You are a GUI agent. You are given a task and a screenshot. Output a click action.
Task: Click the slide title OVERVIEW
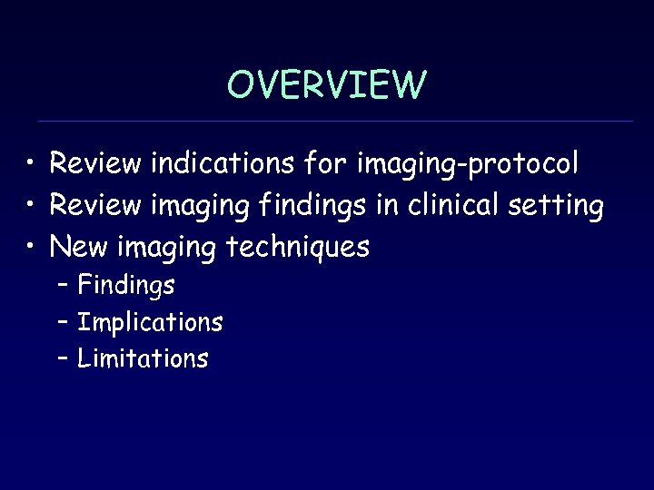[326, 85]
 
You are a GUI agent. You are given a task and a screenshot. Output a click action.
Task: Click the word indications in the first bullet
[222, 164]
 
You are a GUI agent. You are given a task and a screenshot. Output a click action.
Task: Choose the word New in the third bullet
[79, 246]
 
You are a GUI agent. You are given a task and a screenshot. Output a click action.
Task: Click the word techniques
[297, 246]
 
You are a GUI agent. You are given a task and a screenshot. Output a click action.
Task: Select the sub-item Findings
[126, 286]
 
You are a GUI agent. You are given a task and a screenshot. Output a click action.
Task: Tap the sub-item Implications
[150, 322]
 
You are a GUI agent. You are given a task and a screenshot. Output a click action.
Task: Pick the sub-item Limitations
[143, 358]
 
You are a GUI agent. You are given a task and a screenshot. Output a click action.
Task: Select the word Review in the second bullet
[95, 205]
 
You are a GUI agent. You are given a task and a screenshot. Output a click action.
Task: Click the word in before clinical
[387, 205]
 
